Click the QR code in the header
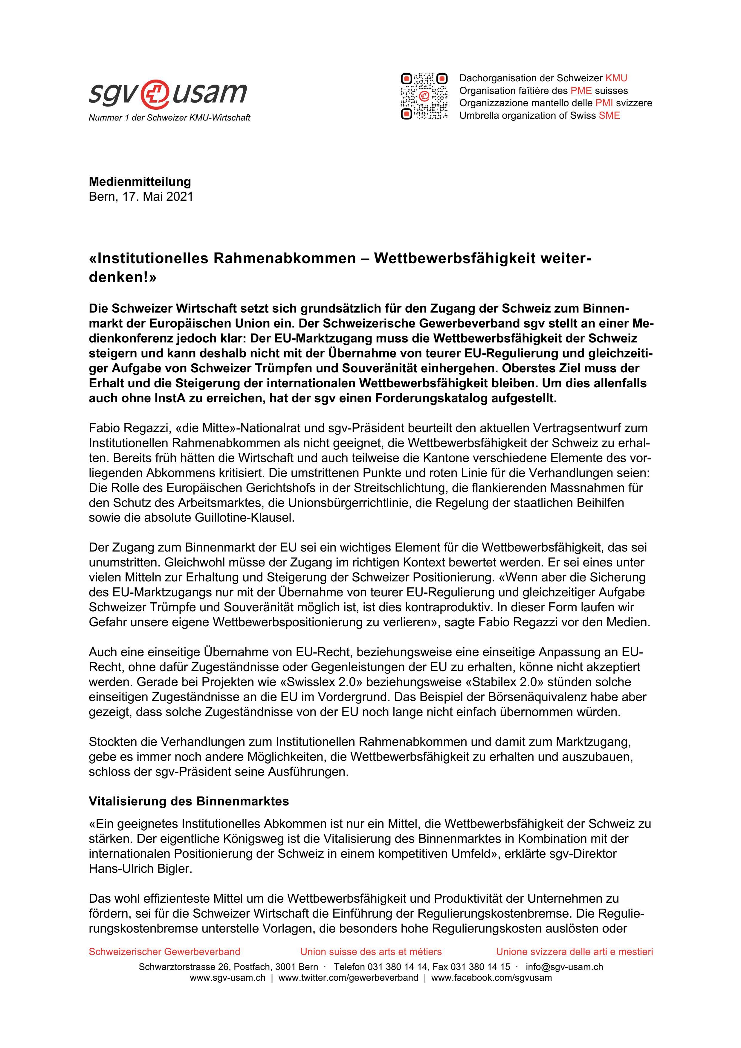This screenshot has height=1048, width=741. point(424,96)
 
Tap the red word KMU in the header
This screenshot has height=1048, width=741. point(616,78)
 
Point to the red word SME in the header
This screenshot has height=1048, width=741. point(609,115)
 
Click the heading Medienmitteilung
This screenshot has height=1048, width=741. point(140,181)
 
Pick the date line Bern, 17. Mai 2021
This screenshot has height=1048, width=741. point(141,197)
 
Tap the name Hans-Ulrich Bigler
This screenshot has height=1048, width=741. point(140,869)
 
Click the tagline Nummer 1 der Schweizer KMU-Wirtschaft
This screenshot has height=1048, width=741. point(169,118)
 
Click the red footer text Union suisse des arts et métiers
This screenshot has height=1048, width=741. point(371,952)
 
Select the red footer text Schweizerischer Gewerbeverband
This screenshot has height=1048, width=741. point(164,952)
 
